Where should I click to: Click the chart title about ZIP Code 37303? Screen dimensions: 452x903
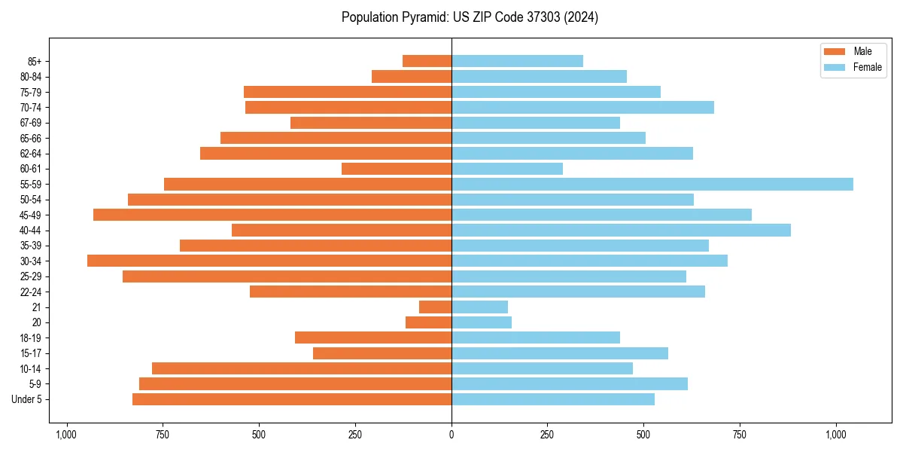click(x=470, y=17)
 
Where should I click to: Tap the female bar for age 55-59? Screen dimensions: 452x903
click(x=652, y=184)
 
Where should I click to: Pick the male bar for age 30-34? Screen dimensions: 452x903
click(x=269, y=261)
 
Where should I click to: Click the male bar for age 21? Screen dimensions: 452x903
click(x=435, y=307)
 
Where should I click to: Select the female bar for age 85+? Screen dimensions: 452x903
click(x=517, y=61)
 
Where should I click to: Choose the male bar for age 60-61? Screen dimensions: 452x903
click(x=397, y=169)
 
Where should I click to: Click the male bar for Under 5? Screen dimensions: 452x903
click(x=292, y=399)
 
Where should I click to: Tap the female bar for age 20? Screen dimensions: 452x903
click(x=482, y=322)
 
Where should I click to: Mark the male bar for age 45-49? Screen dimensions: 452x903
click(x=272, y=215)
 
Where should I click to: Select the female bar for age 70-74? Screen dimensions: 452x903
click(x=582, y=107)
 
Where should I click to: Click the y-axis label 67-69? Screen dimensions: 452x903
click(x=30, y=123)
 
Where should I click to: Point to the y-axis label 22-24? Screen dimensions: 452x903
click(x=30, y=292)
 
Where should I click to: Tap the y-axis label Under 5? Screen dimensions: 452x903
click(x=27, y=399)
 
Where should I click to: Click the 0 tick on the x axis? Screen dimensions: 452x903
click(x=451, y=435)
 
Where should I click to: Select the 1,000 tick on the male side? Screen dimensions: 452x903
click(x=66, y=435)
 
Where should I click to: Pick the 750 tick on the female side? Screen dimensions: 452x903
click(x=740, y=435)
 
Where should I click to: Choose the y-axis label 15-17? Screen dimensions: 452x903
click(x=30, y=353)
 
